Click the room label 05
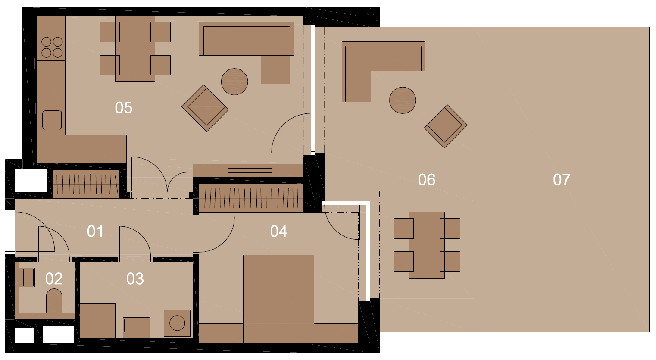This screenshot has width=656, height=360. (124, 108)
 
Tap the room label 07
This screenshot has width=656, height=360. (562, 179)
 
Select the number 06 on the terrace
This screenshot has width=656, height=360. (426, 179)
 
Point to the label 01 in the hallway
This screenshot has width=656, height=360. (95, 232)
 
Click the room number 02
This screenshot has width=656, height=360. (54, 279)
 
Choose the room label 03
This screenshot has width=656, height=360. (135, 279)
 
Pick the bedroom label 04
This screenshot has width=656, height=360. (278, 232)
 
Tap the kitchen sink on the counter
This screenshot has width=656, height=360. (52, 120)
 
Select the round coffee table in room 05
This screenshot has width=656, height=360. (234, 82)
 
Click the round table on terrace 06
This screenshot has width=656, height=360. (403, 100)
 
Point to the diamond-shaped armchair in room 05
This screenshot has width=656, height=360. (205, 108)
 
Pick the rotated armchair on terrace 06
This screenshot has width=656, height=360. (446, 126)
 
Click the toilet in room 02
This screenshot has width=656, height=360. (54, 300)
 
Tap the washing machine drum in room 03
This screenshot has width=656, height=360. (177, 323)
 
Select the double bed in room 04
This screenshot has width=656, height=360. (278, 299)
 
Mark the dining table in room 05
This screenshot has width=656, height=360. (135, 49)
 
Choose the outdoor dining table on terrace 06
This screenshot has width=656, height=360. (427, 245)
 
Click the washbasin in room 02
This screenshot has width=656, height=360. (28, 277)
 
